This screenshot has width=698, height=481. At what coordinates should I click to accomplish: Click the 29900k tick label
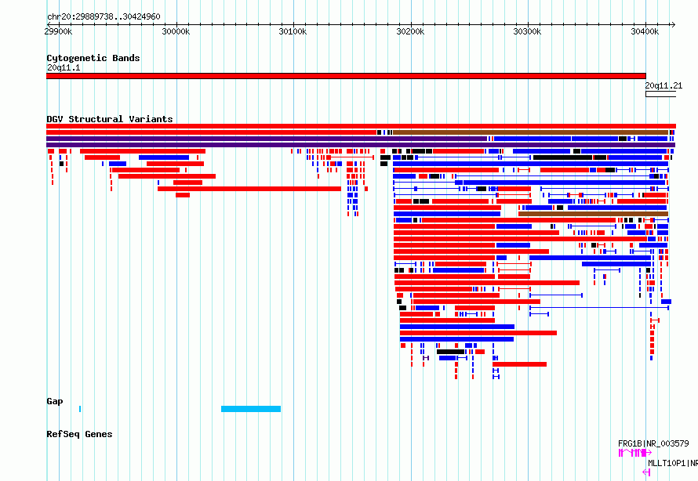[58, 32]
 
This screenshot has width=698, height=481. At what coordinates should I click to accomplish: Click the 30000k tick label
[176, 32]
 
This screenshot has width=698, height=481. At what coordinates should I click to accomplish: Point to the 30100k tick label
[293, 32]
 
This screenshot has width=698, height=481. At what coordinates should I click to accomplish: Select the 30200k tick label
[410, 32]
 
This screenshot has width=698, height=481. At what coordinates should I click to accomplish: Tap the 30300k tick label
[528, 32]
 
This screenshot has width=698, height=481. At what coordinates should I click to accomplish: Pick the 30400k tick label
[645, 32]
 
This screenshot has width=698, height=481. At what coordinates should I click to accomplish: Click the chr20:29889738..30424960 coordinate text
[104, 17]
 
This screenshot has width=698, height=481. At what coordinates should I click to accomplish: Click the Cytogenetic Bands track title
[93, 58]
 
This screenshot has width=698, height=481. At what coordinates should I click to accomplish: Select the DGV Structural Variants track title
[110, 119]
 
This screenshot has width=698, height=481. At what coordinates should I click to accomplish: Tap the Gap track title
[55, 401]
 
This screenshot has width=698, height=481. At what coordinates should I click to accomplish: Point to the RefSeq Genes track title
[79, 434]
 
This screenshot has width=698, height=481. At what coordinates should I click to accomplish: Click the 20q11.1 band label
[64, 68]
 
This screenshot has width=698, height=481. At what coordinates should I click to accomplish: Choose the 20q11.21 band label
[663, 86]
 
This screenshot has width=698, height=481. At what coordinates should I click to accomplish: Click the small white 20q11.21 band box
[660, 94]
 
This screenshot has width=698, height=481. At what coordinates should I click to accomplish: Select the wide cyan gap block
[251, 409]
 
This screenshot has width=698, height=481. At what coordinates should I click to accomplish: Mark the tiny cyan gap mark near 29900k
[80, 409]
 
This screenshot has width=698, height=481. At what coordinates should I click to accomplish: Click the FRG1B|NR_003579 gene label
[653, 443]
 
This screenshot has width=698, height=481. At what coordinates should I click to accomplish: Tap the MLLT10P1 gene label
[673, 463]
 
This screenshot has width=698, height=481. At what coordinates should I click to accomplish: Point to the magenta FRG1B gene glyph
[635, 453]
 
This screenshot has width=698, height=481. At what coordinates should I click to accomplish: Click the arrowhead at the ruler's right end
[673, 25]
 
